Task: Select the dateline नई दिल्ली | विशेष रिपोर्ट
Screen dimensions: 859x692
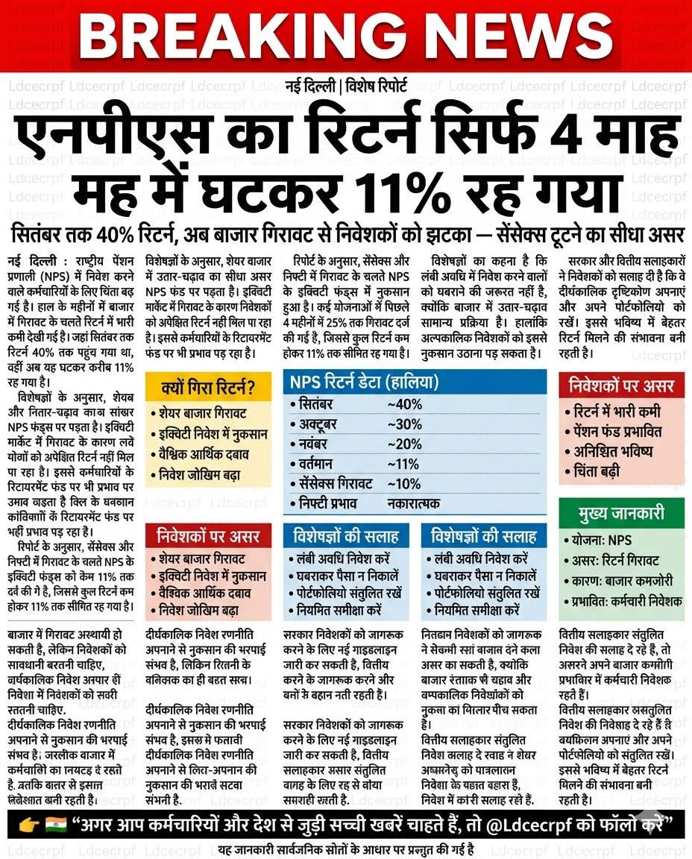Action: (346, 86)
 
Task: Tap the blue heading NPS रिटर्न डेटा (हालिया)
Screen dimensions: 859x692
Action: (365, 383)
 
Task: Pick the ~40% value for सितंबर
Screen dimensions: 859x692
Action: (405, 404)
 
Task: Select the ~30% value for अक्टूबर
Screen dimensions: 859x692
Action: (405, 424)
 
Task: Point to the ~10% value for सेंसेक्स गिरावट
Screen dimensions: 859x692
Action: (404, 484)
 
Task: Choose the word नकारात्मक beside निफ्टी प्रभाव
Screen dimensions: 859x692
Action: (414, 504)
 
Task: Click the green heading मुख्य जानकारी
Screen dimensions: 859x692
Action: (621, 515)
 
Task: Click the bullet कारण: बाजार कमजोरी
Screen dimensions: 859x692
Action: (620, 580)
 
